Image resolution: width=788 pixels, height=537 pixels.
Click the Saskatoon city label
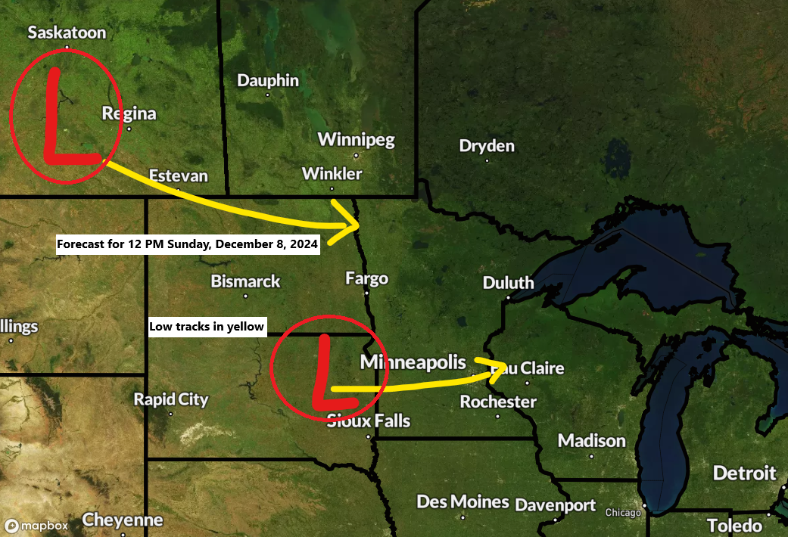(x=67, y=33)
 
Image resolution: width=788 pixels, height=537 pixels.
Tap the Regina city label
(x=129, y=113)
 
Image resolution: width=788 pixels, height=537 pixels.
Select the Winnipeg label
(x=356, y=139)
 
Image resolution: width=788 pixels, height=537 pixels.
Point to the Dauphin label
(x=268, y=80)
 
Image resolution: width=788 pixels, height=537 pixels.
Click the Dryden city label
(x=487, y=146)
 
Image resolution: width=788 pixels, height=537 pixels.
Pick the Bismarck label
(x=245, y=281)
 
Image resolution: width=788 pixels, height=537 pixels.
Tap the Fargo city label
(x=366, y=278)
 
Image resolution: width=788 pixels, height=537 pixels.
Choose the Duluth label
(x=509, y=283)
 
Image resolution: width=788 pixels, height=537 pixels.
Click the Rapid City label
(x=171, y=399)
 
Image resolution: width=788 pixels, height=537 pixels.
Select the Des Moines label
(x=463, y=501)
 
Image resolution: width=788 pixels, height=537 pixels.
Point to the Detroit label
(x=745, y=473)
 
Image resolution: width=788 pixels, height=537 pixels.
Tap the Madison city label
(x=592, y=440)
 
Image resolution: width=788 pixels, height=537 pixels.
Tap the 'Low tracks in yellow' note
(x=207, y=326)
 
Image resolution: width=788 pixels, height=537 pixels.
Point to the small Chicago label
(x=623, y=513)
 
